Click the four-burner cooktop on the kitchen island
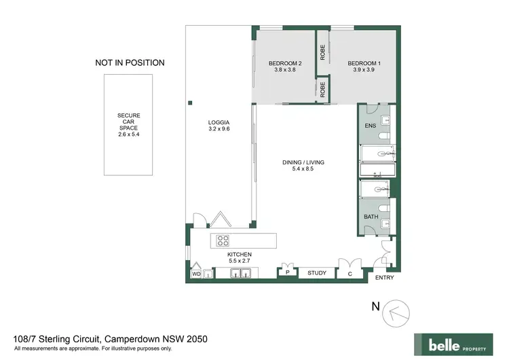pyautogui.click(x=223, y=240)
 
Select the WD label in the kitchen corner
pyautogui.click(x=196, y=274)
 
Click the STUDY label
pyautogui.click(x=317, y=273)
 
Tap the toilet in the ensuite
pyautogui.click(x=385, y=122)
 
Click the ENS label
pyautogui.click(x=370, y=126)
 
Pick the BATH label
pyautogui.click(x=371, y=217)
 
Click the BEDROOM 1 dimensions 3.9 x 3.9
pyautogui.click(x=364, y=69)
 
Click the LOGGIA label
pyautogui.click(x=219, y=122)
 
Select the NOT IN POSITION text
pyautogui.click(x=130, y=63)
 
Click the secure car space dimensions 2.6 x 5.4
pyautogui.click(x=129, y=134)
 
